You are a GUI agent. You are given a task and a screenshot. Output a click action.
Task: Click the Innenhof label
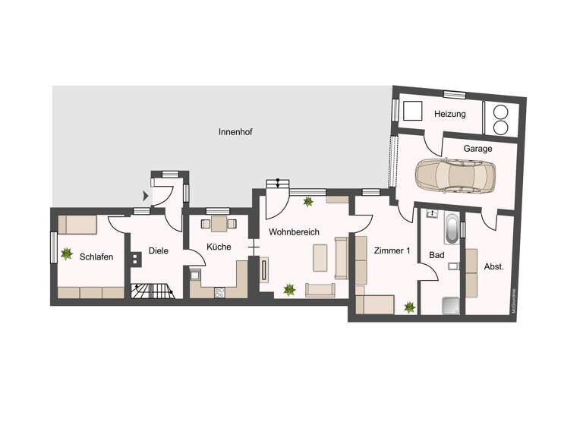point(235,131)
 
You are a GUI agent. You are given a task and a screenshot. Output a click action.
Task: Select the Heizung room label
point(449,114)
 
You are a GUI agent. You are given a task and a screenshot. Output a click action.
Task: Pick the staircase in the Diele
point(153,291)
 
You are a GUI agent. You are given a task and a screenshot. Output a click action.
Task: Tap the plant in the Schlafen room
point(67,252)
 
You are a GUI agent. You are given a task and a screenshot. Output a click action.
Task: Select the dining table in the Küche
point(219,223)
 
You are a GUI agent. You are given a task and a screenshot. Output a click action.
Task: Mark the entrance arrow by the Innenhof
point(147,195)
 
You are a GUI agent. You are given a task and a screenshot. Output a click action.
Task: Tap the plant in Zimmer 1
point(410,307)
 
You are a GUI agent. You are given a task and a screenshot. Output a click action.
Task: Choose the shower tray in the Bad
point(450,305)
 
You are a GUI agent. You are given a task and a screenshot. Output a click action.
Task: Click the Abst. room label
point(493,266)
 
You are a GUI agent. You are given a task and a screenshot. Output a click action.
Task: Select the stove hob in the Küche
point(219,292)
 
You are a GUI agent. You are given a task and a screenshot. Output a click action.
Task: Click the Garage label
point(477,149)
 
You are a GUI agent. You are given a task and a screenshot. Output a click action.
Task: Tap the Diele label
point(158,250)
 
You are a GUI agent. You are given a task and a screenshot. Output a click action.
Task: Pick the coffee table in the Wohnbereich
point(320,259)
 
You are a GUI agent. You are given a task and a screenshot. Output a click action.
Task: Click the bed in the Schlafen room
point(77,225)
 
